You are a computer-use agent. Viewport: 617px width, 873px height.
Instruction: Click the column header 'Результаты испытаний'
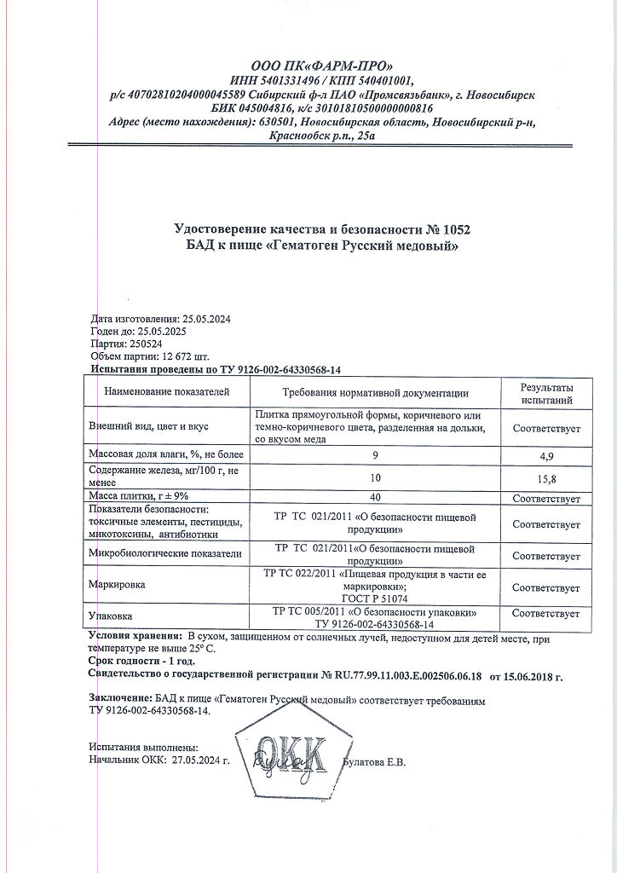pos(546,393)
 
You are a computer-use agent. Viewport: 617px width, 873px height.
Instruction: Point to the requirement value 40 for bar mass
pos(376,498)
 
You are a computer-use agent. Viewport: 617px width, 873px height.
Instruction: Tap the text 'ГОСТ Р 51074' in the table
pos(376,598)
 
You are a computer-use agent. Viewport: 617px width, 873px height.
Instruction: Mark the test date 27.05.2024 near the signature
pos(201,759)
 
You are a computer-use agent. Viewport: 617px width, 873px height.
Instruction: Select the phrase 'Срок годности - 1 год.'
pos(141,661)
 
